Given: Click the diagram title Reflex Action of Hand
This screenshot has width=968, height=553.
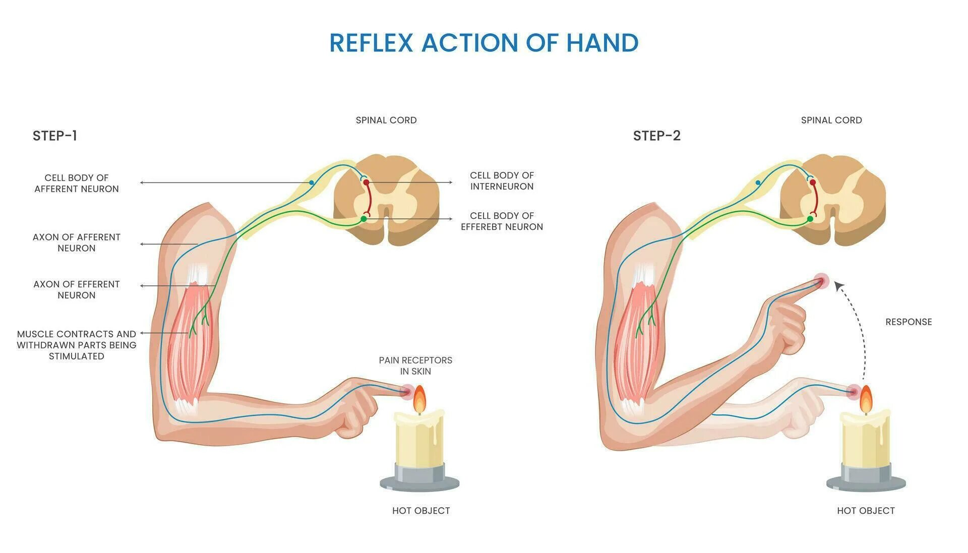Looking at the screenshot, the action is [x=483, y=43].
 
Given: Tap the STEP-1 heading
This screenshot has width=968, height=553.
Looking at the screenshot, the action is [x=55, y=136].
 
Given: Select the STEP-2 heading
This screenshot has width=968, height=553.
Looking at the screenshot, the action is [x=656, y=136].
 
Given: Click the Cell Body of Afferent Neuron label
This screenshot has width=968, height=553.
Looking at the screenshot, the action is [x=77, y=183].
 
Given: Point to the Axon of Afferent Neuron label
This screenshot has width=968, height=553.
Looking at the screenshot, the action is [x=77, y=242].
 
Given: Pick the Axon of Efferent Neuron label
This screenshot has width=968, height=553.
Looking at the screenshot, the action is [x=77, y=289].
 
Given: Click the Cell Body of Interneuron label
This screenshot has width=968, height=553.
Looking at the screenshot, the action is [x=502, y=180].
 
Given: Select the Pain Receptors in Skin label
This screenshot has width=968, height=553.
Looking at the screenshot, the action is [x=415, y=365].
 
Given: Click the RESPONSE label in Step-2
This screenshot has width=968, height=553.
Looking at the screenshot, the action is [x=909, y=322].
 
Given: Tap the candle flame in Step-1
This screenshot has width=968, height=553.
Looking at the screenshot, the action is [x=419, y=399].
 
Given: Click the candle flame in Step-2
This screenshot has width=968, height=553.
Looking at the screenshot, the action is [x=866, y=399].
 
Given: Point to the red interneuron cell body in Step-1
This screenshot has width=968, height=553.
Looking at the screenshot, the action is [x=367, y=182].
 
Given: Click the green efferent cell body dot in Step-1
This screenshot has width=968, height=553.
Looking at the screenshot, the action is [x=364, y=219].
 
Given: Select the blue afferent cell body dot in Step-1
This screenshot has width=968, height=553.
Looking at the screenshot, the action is [x=312, y=182].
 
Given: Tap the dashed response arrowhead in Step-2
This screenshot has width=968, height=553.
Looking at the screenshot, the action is [x=838, y=286].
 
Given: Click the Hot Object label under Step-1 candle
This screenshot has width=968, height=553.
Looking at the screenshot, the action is [x=421, y=511].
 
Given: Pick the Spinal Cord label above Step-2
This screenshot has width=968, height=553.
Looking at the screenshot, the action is [x=831, y=120].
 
